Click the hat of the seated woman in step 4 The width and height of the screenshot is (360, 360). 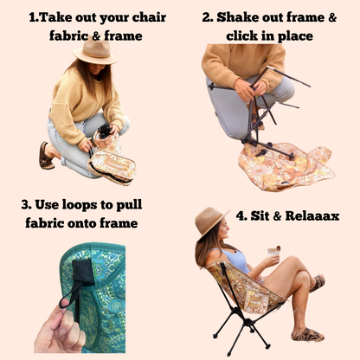(x=212, y=223)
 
